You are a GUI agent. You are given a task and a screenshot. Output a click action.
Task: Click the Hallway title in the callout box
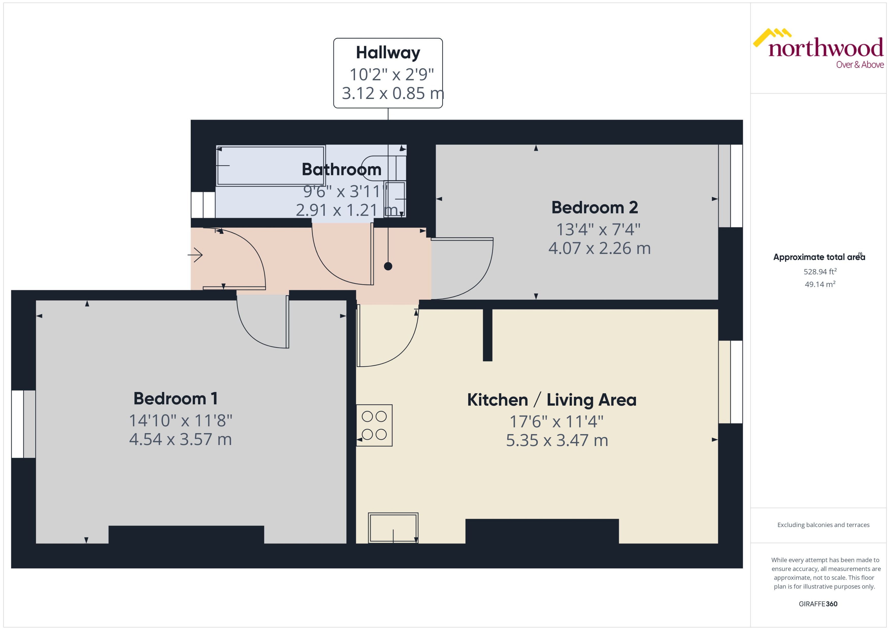[388, 53]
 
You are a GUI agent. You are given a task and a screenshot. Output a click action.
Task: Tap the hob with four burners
[374, 425]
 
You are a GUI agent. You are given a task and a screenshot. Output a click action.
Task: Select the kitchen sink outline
[393, 528]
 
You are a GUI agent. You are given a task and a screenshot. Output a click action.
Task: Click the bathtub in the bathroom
[270, 166]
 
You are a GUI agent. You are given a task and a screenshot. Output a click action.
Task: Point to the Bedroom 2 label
[595, 208]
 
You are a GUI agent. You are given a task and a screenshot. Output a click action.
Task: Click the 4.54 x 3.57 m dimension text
[180, 439]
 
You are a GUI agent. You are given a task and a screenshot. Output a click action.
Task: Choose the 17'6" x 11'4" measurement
[556, 421]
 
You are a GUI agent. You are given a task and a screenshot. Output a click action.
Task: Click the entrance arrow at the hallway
[196, 255]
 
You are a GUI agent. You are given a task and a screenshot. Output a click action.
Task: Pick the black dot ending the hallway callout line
[388, 266]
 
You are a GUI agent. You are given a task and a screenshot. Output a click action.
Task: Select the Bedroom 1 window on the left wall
[23, 424]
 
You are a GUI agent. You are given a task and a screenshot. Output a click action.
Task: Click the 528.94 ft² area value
[820, 272]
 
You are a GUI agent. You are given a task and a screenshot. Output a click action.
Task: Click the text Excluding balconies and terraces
[823, 525]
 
